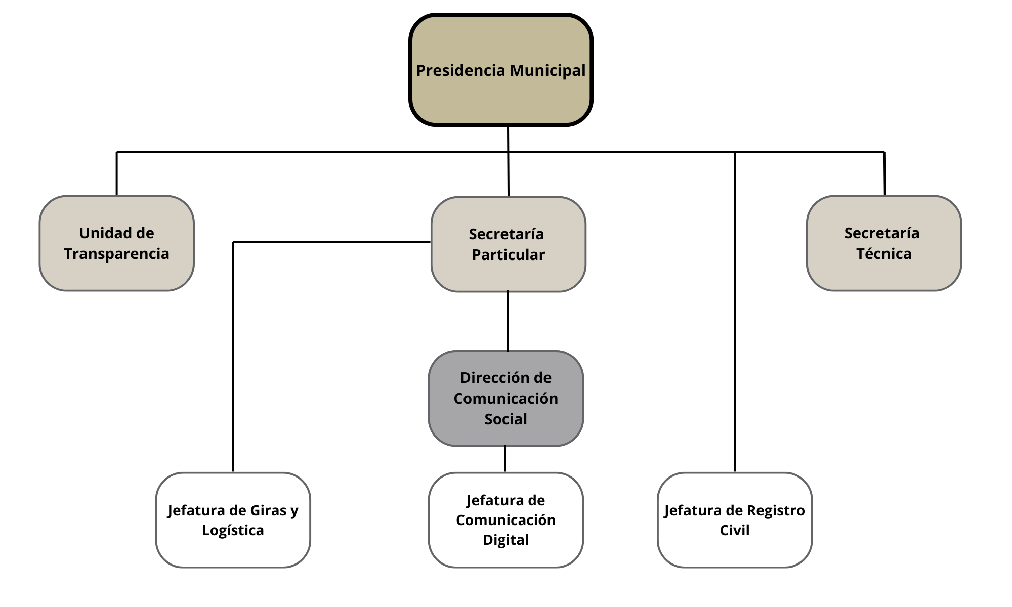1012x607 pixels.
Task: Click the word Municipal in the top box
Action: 547,70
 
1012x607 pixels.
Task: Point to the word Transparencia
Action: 116,253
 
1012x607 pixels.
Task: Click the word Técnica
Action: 883,253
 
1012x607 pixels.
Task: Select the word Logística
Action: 233,530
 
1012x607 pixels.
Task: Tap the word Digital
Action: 505,540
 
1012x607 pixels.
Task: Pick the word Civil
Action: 734,530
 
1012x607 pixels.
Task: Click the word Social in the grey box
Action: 505,419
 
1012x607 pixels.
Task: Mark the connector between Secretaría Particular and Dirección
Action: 508,321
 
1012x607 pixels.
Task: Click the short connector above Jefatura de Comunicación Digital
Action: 505,459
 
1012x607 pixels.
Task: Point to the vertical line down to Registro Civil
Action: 735,314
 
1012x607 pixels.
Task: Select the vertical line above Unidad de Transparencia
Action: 117,174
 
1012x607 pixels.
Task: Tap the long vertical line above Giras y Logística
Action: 233,354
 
